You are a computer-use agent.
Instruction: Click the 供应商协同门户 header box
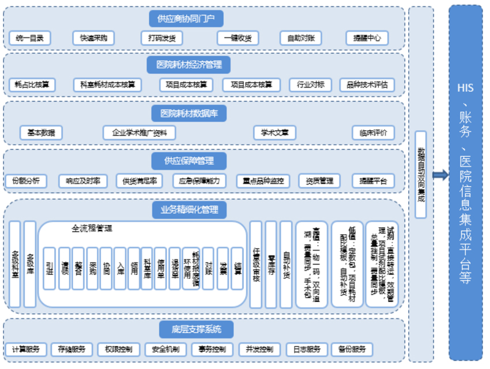(186, 18)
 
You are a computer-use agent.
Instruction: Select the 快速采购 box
(93, 39)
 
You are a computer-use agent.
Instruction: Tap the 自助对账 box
(301, 39)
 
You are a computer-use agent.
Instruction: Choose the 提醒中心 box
(367, 39)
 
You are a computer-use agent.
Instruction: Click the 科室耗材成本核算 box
(108, 85)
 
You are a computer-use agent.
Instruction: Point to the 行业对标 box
(311, 85)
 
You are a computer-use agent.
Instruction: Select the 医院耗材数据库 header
(189, 112)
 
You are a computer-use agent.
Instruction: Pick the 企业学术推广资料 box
(139, 133)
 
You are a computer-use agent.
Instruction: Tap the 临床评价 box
(373, 133)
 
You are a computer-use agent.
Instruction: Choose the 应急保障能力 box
(199, 180)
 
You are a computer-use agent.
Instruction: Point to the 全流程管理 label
(92, 228)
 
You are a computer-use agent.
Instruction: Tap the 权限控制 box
(119, 349)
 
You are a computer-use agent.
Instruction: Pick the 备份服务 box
(352, 349)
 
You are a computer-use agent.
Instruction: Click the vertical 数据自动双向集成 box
(421, 175)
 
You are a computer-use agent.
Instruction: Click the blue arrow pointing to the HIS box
(440, 175)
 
